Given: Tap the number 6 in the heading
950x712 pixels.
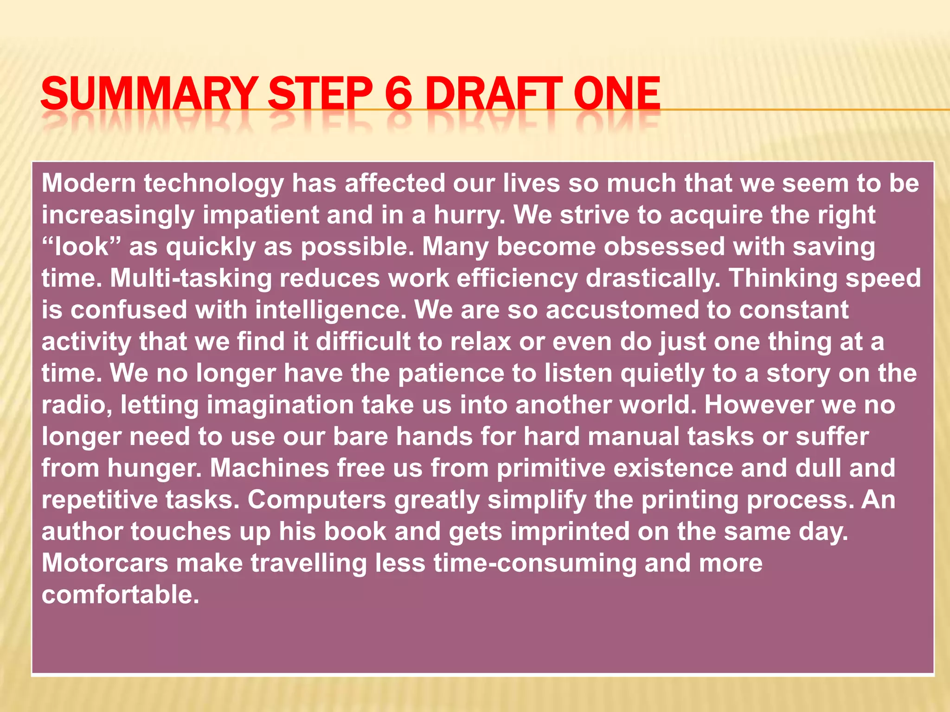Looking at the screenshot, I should (x=398, y=94).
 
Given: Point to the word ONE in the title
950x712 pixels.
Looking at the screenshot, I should (x=616, y=94).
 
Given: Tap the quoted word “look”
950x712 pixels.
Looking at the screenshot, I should (x=82, y=247).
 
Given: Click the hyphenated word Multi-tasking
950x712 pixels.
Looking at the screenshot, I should (x=191, y=278).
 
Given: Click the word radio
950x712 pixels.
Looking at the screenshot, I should (x=77, y=405).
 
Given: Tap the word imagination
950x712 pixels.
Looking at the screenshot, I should (x=280, y=406).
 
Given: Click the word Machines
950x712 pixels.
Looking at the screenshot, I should (x=270, y=468).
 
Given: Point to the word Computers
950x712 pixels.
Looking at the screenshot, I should (x=316, y=500).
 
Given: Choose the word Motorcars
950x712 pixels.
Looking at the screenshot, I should (x=105, y=563).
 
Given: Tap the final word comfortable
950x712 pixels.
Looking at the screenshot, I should (x=120, y=594).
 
